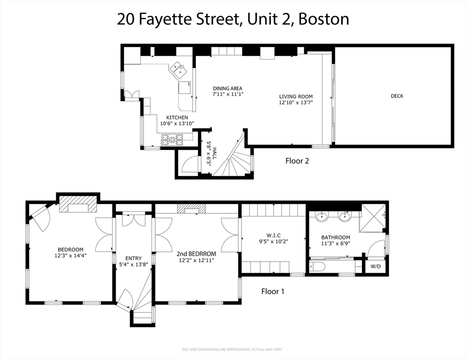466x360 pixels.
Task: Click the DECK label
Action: click(x=397, y=96)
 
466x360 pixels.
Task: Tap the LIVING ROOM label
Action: click(x=296, y=97)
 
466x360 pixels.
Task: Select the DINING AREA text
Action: click(x=228, y=88)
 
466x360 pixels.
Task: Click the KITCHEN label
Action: click(x=177, y=118)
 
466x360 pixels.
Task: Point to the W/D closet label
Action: click(x=376, y=266)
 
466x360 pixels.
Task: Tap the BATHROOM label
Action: click(x=335, y=238)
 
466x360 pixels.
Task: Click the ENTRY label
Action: click(x=133, y=258)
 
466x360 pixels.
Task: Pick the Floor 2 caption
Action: click(x=297, y=161)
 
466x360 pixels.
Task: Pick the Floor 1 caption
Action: click(x=273, y=292)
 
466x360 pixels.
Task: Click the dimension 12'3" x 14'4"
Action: click(x=70, y=255)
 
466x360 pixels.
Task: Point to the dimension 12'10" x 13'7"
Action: click(x=296, y=102)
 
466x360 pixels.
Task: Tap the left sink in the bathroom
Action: click(x=322, y=217)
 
